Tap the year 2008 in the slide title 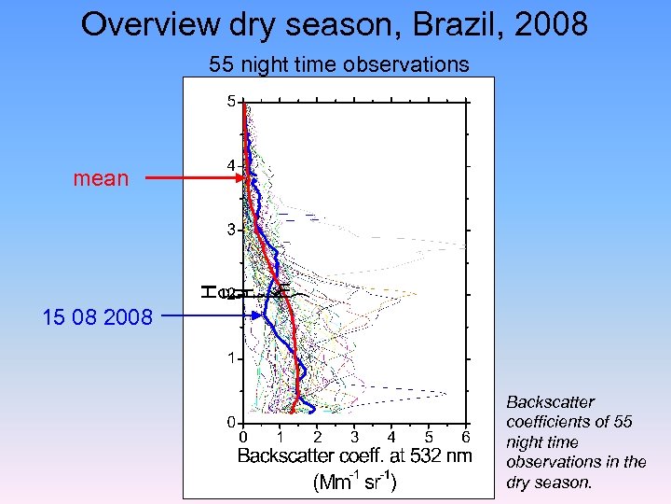(x=554, y=24)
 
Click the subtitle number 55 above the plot (x=221, y=64)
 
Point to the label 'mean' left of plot (x=101, y=178)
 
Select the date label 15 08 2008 (x=97, y=317)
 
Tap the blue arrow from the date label (x=210, y=316)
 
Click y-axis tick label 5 (x=230, y=102)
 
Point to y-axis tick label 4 (x=230, y=166)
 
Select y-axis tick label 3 (x=230, y=230)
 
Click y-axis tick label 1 (x=230, y=358)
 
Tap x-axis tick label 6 (x=466, y=437)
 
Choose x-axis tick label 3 (x=354, y=437)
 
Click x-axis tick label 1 (x=280, y=437)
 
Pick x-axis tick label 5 (x=429, y=437)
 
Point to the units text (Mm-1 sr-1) (x=354, y=482)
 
